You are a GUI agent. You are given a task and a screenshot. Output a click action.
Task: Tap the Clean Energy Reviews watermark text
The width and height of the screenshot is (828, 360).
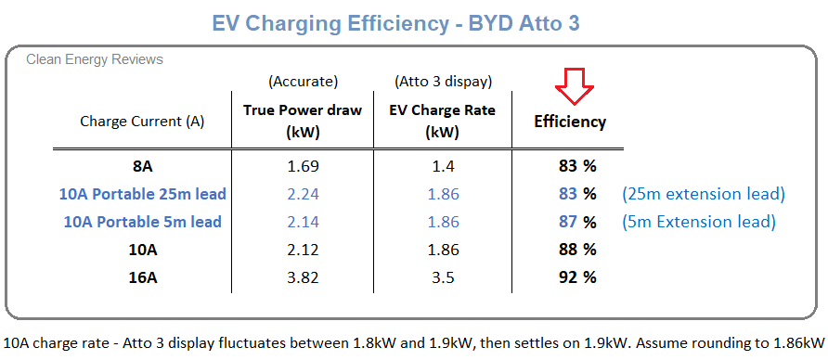click(x=95, y=59)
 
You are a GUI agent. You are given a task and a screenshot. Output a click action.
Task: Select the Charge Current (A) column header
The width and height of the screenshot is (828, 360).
click(x=142, y=121)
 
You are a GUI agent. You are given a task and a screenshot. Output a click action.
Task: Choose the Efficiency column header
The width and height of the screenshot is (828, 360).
click(x=570, y=122)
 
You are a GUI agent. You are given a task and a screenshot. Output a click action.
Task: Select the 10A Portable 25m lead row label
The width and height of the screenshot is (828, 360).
click(x=142, y=194)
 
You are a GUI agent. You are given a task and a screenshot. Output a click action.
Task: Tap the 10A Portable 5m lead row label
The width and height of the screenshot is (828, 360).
click(x=142, y=222)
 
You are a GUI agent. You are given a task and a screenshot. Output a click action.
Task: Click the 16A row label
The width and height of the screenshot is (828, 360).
click(x=142, y=276)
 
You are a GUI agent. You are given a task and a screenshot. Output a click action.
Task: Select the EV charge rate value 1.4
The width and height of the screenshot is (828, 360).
click(x=442, y=167)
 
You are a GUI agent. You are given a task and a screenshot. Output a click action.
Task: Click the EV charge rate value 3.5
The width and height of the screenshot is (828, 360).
click(x=442, y=276)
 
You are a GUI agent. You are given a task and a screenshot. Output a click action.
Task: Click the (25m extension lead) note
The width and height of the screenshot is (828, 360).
click(x=704, y=194)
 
